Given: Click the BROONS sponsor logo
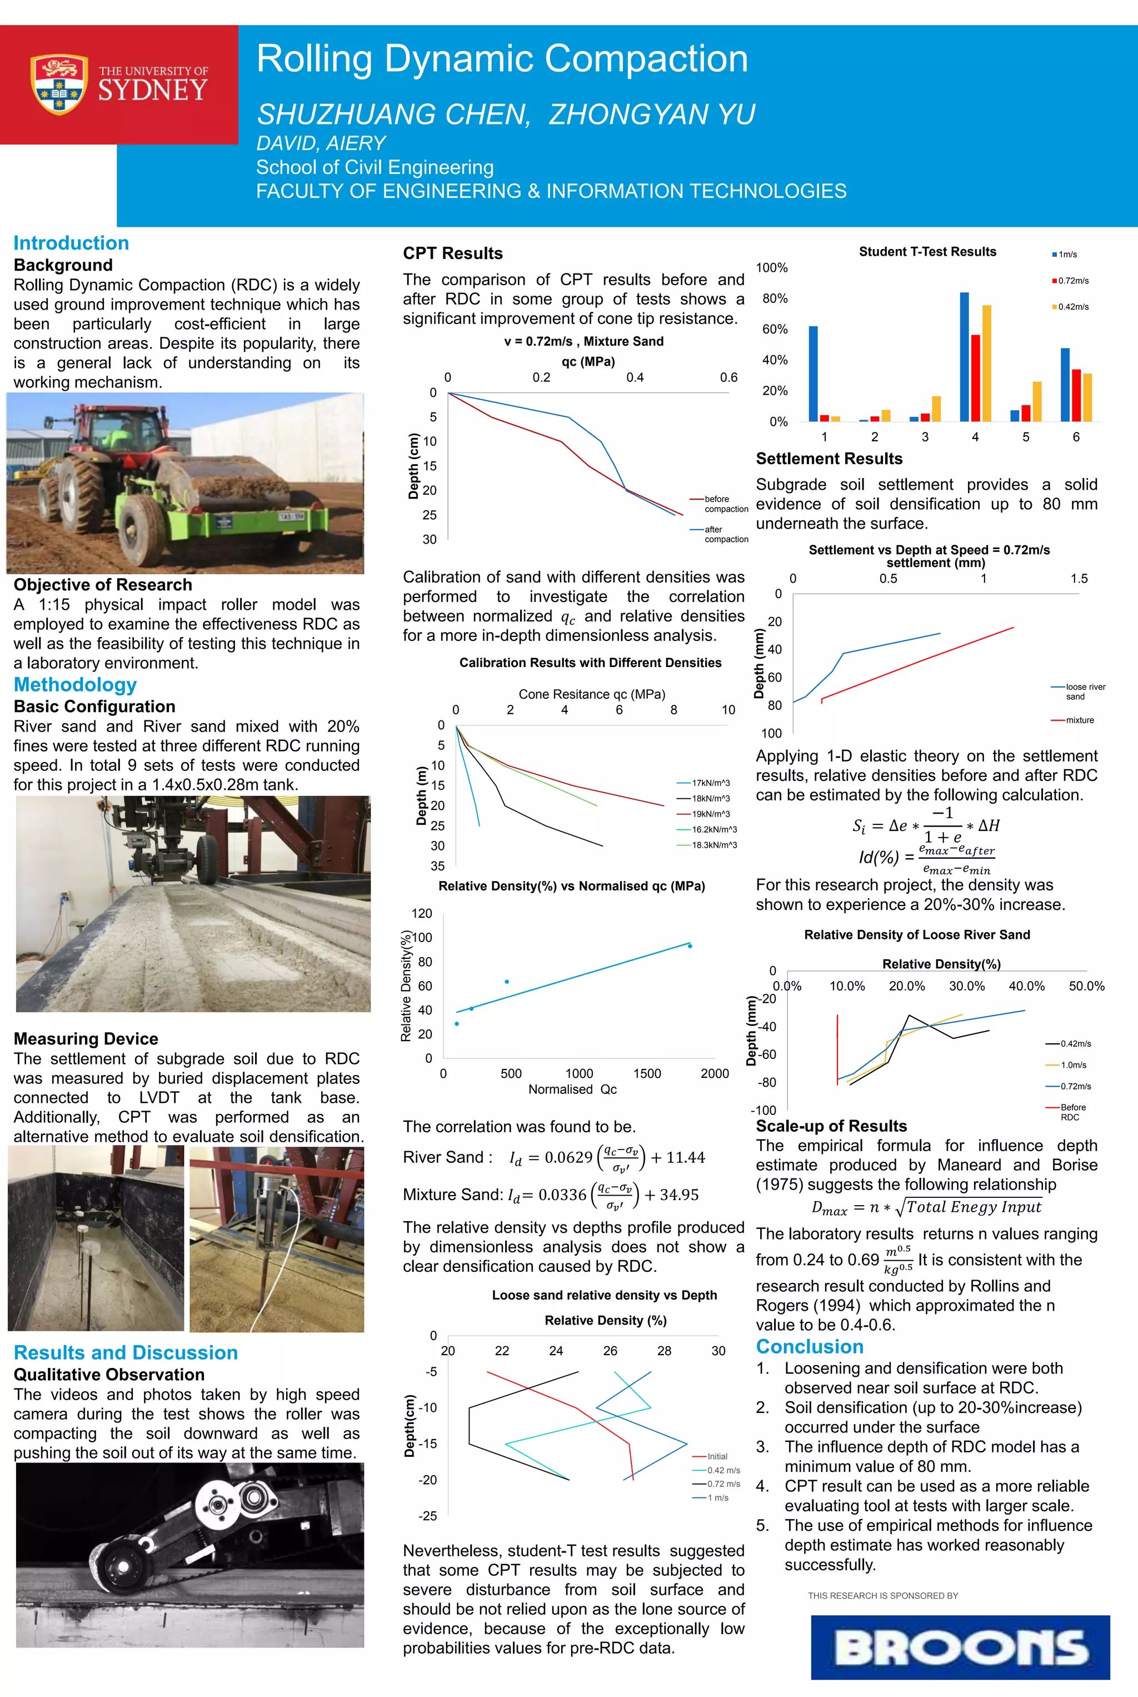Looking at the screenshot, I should coord(960,1647).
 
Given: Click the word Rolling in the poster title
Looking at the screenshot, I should coord(315,59).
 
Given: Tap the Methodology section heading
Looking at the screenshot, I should coord(75,684).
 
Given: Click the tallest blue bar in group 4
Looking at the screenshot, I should coord(964,356).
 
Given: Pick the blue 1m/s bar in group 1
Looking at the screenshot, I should coord(813,373).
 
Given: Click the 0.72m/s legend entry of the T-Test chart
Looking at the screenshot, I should coord(1072,281).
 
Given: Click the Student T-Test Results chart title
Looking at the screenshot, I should coord(927,252).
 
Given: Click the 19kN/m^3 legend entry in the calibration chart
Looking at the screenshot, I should coord(710,814).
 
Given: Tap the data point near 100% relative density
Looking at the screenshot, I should coord(690,945).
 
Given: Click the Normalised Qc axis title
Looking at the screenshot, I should coord(572,1089).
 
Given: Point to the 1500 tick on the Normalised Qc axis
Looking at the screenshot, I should coord(647,1073).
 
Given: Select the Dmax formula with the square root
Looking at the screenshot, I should coord(926,1207).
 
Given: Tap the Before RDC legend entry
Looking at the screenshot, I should coord(1072,1112).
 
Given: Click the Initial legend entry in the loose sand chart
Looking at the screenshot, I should coord(716,1456).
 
